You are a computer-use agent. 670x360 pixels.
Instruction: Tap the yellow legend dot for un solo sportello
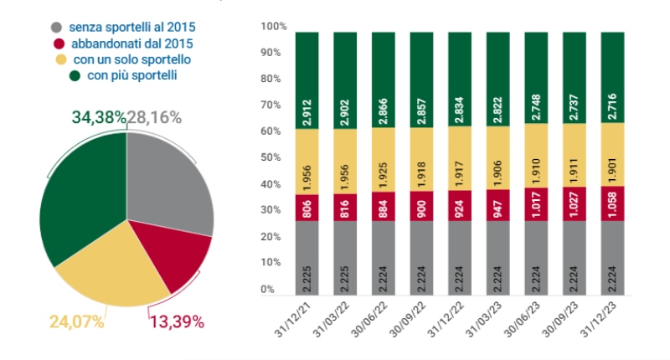(60, 59)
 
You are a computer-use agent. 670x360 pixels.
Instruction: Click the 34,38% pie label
(92, 118)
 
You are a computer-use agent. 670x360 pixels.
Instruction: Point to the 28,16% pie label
(154, 118)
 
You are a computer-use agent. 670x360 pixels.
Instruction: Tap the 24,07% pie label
(76, 321)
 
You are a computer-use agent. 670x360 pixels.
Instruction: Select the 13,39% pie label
(176, 321)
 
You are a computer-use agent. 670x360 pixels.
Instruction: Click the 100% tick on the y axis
(274, 27)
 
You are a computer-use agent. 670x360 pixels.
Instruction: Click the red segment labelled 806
(307, 208)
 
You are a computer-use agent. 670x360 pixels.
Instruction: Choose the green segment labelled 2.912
(307, 80)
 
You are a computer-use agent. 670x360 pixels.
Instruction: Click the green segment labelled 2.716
(613, 78)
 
